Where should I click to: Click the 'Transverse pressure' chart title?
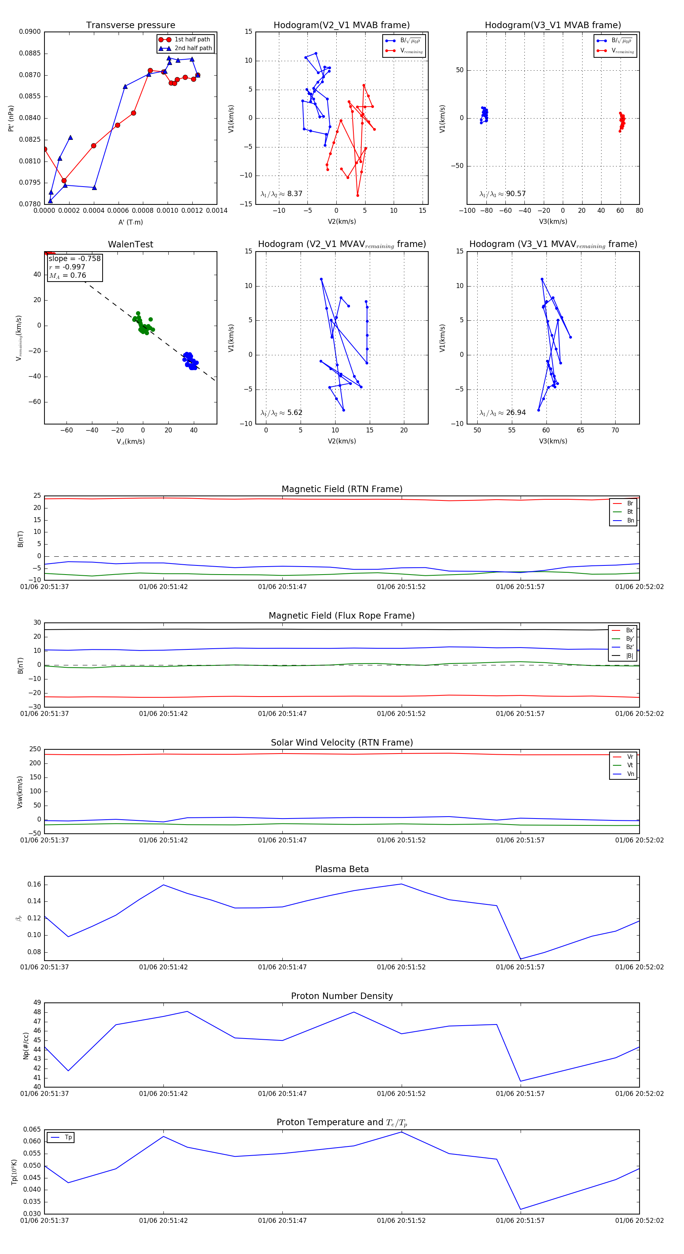pyautogui.click(x=130, y=25)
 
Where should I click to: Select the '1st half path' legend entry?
pyautogui.click(x=192, y=40)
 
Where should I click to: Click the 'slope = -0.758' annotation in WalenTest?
pyautogui.click(x=74, y=258)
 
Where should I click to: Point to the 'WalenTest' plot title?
pyautogui.click(x=130, y=244)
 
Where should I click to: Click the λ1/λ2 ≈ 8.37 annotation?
pyautogui.click(x=281, y=194)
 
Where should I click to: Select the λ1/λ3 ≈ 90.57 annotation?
pyautogui.click(x=502, y=194)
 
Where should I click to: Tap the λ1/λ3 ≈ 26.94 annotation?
pyautogui.click(x=502, y=413)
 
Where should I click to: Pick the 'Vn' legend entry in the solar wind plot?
pyautogui.click(x=630, y=774)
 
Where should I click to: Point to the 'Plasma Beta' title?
pyautogui.click(x=342, y=869)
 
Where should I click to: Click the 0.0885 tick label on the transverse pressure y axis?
pyautogui.click(x=30, y=54)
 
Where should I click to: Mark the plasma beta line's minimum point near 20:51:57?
pyautogui.click(x=521, y=959)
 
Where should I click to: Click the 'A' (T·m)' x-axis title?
pyautogui.click(x=130, y=222)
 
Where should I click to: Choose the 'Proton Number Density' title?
pyautogui.click(x=342, y=996)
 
